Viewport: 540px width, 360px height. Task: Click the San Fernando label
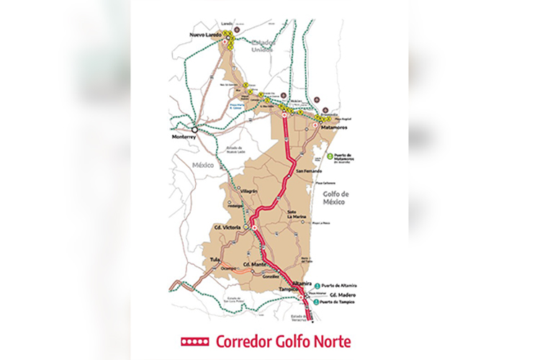tap(307, 171)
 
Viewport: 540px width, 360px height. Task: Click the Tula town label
tap(214, 258)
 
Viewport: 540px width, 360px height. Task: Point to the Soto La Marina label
tap(297, 212)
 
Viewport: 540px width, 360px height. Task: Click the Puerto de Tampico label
tap(338, 302)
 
